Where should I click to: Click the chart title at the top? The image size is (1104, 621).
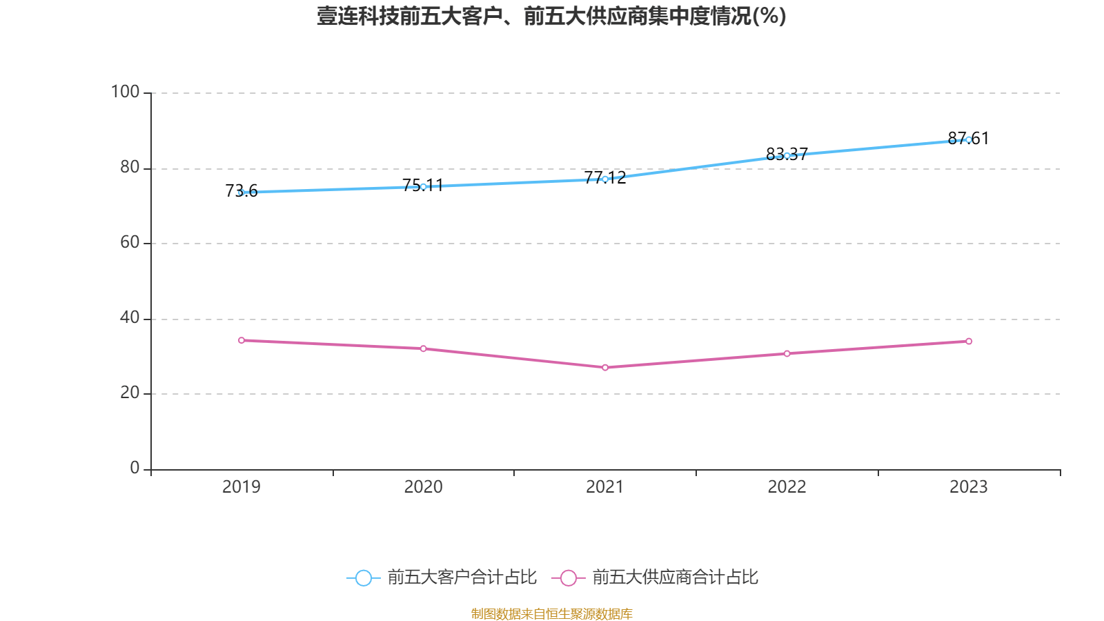pyautogui.click(x=551, y=16)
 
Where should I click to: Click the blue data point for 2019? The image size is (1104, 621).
pyautogui.click(x=241, y=193)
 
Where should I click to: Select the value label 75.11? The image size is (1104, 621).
pyautogui.click(x=422, y=185)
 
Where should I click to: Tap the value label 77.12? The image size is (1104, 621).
pyautogui.click(x=605, y=177)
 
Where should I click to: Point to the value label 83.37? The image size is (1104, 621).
pyautogui.click(x=787, y=154)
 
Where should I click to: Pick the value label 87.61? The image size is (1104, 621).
pyautogui.click(x=968, y=139)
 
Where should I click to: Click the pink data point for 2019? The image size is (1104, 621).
pyautogui.click(x=241, y=340)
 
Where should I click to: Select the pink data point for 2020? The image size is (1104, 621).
pyautogui.click(x=423, y=348)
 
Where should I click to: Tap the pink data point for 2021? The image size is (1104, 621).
pyautogui.click(x=605, y=368)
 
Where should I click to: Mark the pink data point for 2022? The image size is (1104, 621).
pyautogui.click(x=787, y=353)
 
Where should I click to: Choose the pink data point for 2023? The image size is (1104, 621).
pyautogui.click(x=969, y=341)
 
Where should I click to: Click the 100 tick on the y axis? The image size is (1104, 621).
pyautogui.click(x=125, y=92)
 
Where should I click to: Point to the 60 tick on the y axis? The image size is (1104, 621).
pyautogui.click(x=130, y=242)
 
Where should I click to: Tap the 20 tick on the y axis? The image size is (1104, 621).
pyautogui.click(x=130, y=393)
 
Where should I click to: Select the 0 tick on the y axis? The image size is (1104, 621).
pyautogui.click(x=135, y=468)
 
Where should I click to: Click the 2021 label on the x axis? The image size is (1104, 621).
pyautogui.click(x=605, y=486)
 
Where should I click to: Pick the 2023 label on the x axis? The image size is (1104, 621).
pyautogui.click(x=969, y=486)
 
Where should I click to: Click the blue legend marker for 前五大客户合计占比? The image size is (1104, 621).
pyautogui.click(x=363, y=578)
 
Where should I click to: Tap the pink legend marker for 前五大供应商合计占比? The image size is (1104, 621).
pyautogui.click(x=568, y=578)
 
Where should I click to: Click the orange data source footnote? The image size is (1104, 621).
pyautogui.click(x=551, y=613)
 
